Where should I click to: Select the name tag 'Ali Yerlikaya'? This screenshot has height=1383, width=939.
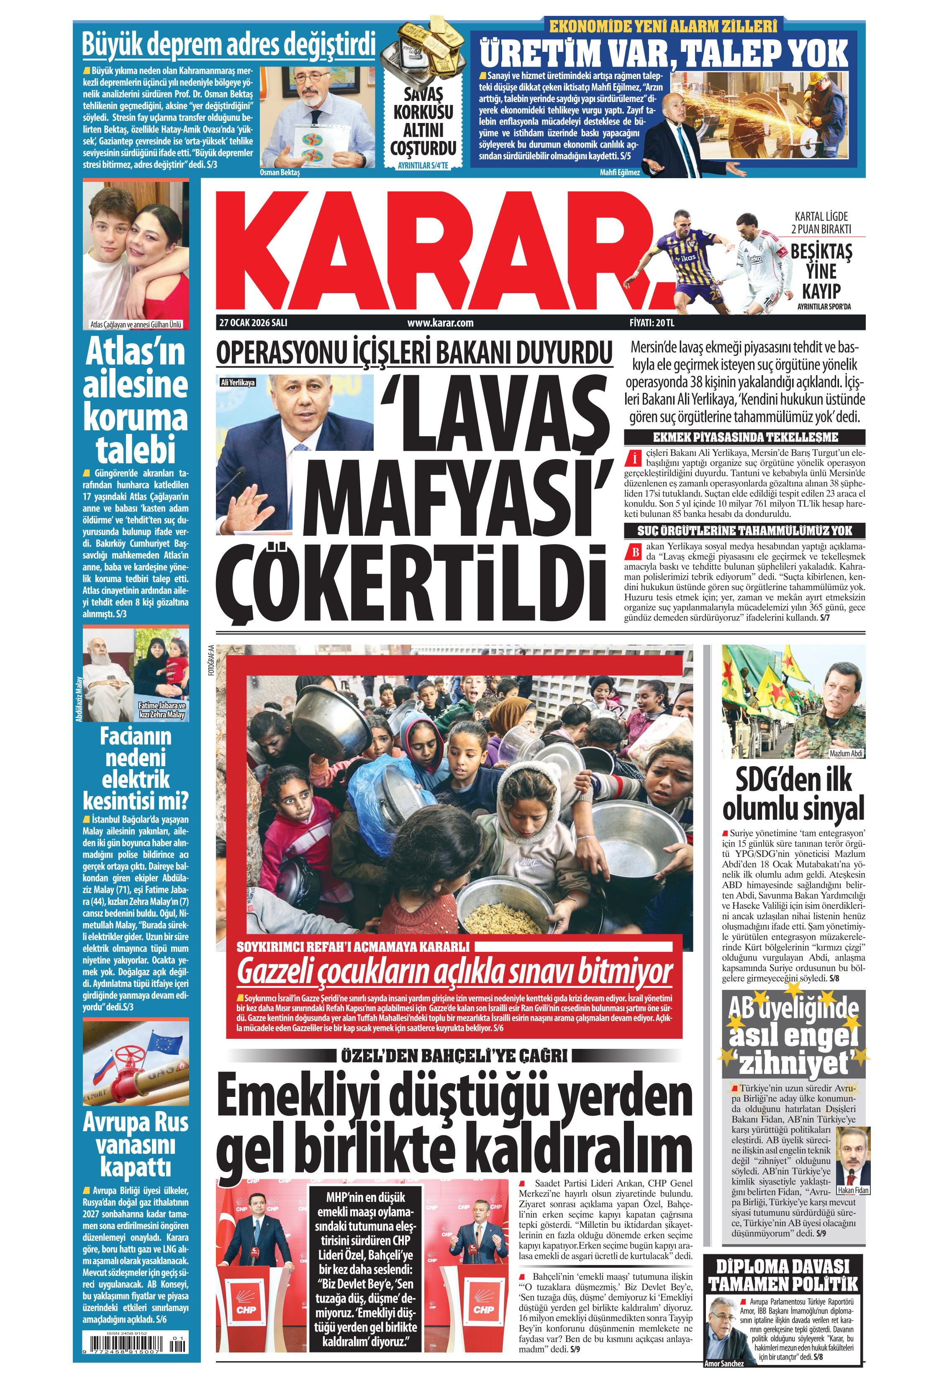click(238, 382)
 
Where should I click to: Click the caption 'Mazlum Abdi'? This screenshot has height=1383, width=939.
click(846, 753)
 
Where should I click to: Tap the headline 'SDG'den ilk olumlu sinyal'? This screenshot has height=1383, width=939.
click(793, 794)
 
